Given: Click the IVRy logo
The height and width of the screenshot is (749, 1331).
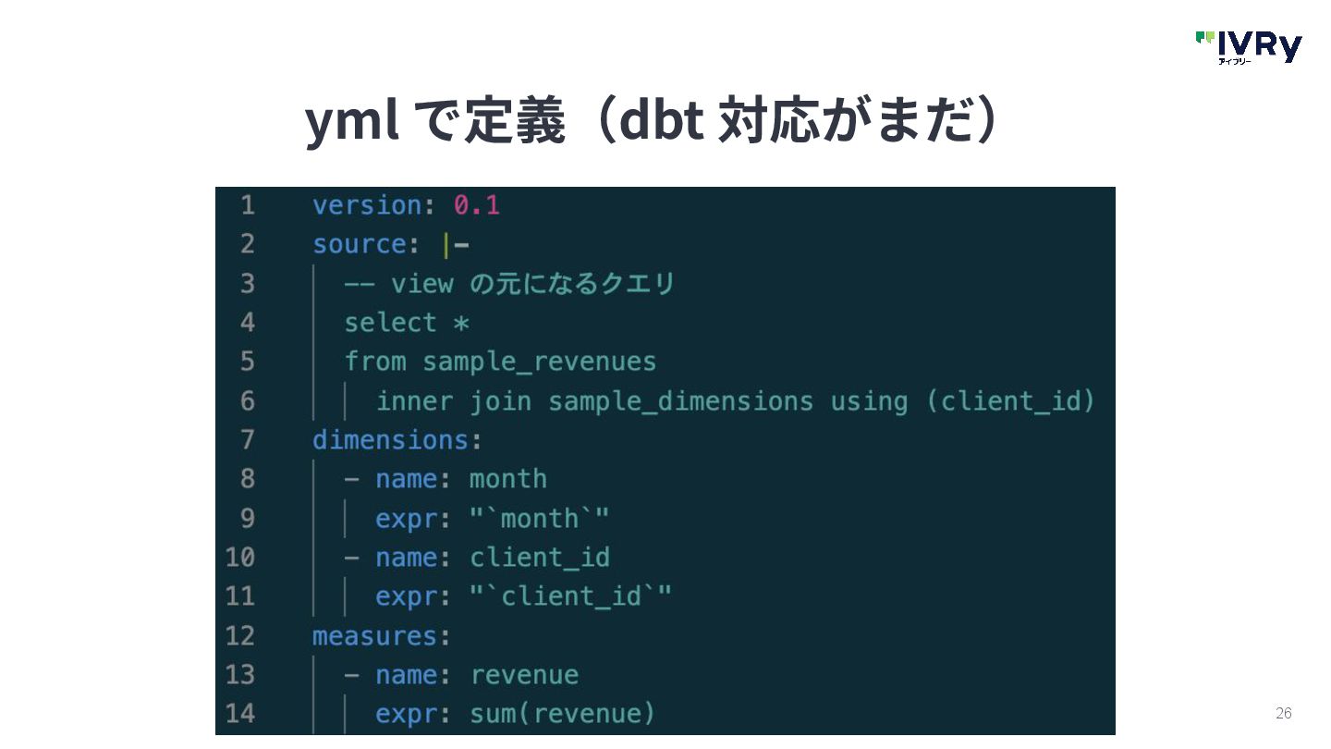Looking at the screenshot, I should pyautogui.click(x=1249, y=46).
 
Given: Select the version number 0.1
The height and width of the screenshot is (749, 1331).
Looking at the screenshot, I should pyautogui.click(x=476, y=205).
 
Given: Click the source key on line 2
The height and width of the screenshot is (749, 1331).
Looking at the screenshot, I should pyautogui.click(x=359, y=245).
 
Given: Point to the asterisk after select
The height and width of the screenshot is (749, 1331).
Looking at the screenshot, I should pyautogui.click(x=460, y=324).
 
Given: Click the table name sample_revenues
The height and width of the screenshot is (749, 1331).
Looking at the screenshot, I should pyautogui.click(x=539, y=362).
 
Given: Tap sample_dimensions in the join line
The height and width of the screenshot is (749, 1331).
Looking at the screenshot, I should pyautogui.click(x=680, y=401).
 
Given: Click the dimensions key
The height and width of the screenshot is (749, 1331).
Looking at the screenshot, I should pyautogui.click(x=390, y=440).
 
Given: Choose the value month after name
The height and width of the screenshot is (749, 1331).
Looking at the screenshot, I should pyautogui.click(x=507, y=479).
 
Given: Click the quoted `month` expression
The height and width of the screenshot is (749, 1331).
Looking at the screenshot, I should pyautogui.click(x=539, y=519).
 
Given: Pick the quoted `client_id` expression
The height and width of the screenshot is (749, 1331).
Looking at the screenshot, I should pyautogui.click(x=570, y=596).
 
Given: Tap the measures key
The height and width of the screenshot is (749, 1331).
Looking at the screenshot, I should pyautogui.click(x=374, y=636).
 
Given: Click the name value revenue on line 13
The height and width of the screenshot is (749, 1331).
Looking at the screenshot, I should pyautogui.click(x=523, y=675).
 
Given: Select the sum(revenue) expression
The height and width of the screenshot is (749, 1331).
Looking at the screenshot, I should pyautogui.click(x=562, y=714).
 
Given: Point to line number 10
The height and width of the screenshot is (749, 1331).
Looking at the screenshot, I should pyautogui.click(x=239, y=558).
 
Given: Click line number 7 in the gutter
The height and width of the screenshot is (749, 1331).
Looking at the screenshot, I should pyautogui.click(x=247, y=440).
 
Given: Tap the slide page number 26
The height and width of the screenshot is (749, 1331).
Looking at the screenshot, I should pyautogui.click(x=1283, y=713).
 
